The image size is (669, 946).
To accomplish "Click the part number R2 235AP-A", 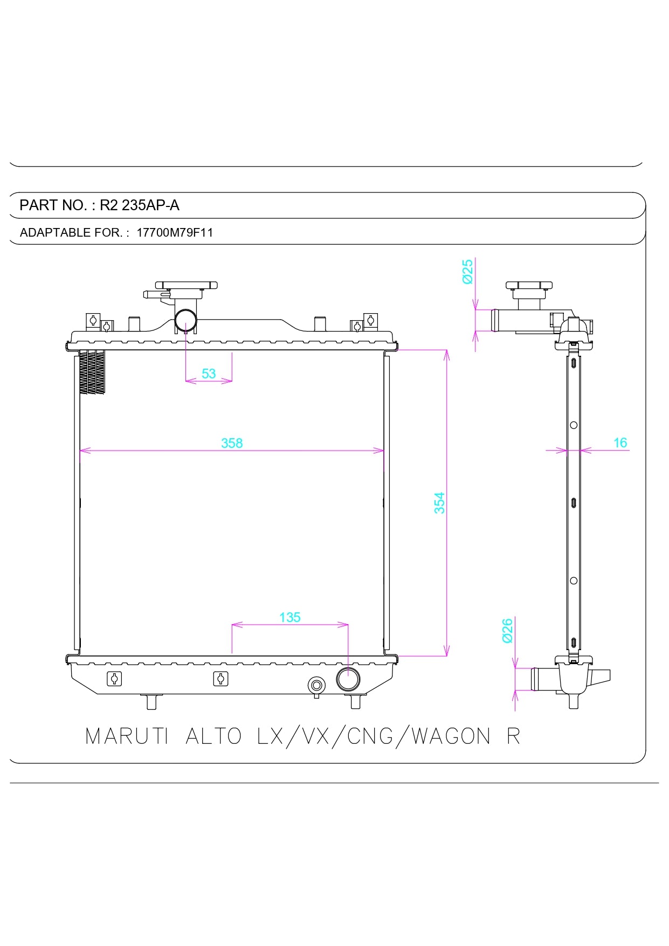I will coord(140,205).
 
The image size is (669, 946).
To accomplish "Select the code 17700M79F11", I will coord(175,233).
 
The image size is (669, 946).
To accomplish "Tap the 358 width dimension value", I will coord(232,443).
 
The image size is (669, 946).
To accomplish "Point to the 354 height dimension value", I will coord(440,502).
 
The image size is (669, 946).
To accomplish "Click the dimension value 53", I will coord(209,374).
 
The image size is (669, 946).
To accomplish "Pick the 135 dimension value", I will coord(290,617).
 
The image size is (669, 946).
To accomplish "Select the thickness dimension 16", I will coord(620,443).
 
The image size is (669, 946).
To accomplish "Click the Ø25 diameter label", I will coord(467,271).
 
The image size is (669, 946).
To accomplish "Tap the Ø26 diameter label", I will coord(507,630).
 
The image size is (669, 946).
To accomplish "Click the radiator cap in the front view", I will coord(186,285).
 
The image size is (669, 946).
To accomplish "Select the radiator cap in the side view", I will coord(529,285).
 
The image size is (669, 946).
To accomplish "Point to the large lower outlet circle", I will coord(348,679).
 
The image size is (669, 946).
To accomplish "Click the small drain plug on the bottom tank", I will coord(316,685).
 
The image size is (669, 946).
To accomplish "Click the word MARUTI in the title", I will coord(127,736).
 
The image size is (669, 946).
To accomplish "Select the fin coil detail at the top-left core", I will coord(92,372).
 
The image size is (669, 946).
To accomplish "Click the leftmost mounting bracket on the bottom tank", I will coord(114,679).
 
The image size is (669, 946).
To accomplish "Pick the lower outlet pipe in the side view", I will coord(543,679).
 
